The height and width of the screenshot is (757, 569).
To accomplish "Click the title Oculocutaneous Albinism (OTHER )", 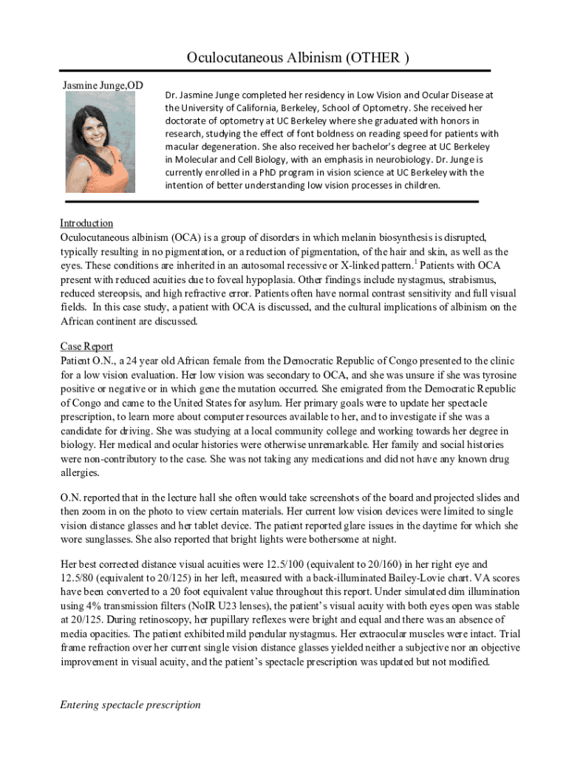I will coord(298,58).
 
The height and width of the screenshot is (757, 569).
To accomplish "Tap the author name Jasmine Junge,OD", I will coord(103,87).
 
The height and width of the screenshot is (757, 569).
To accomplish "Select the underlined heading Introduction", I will coord(86,223).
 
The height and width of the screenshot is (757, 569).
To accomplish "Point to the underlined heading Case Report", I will coord(86,346).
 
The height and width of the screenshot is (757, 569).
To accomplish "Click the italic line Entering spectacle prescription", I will coord(130,705).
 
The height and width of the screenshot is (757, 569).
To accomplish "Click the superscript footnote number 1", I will coord(416,261).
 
